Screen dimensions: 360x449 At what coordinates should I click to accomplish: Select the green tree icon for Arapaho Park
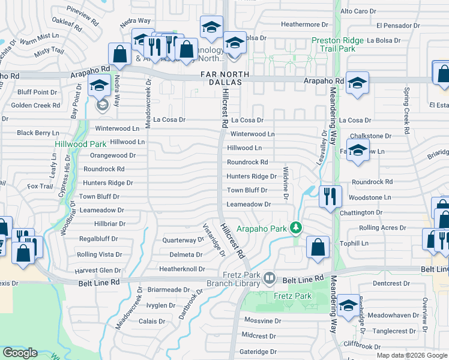pos(295,227)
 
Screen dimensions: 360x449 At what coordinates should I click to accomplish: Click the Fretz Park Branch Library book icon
pos(270,279)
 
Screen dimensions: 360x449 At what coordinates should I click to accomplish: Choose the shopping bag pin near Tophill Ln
pos(317,247)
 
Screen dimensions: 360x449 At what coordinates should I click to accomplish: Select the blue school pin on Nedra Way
pos(100,86)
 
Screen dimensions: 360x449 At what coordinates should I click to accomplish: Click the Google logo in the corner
pos(20,353)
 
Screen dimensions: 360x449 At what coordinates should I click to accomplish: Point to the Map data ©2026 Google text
pos(411,355)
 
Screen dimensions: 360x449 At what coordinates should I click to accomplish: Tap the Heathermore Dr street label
pos(306,25)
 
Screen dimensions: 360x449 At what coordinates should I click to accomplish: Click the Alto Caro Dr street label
pos(358,11)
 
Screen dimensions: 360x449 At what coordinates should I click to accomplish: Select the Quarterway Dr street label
pos(184,240)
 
